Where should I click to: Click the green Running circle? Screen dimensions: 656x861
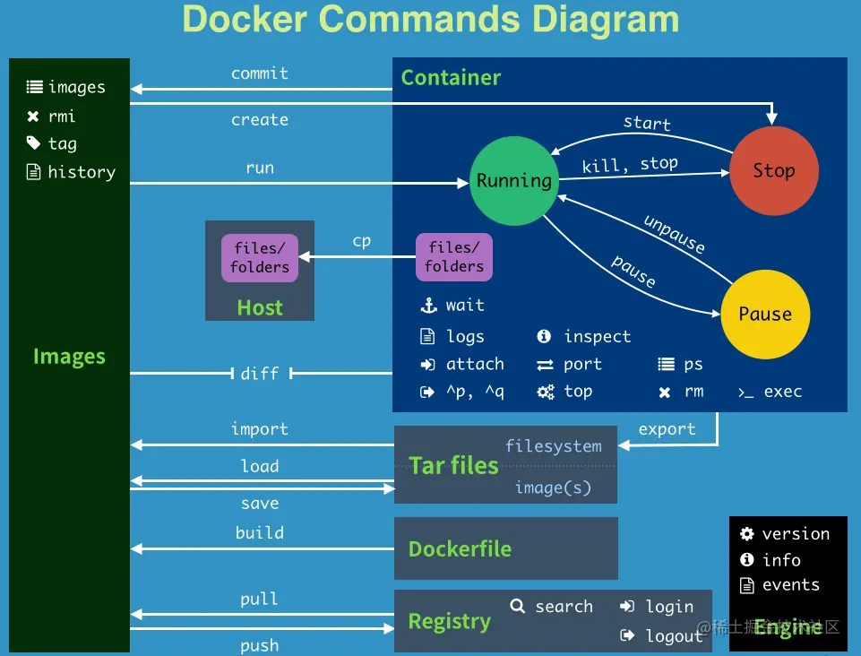pyautogui.click(x=514, y=181)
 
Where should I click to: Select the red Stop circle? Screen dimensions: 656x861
pyautogui.click(x=773, y=170)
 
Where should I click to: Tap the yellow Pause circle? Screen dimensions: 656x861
pyautogui.click(x=765, y=314)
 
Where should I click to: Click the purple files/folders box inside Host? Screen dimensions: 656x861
pyautogui.click(x=260, y=257)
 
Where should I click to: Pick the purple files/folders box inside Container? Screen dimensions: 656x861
pyautogui.click(x=454, y=257)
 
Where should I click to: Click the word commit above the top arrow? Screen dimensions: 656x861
pyautogui.click(x=260, y=73)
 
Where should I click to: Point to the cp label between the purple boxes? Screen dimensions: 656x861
pyautogui.click(x=362, y=241)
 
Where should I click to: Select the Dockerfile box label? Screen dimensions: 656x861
pyautogui.click(x=460, y=548)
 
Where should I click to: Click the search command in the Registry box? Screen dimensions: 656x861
pyautogui.click(x=564, y=607)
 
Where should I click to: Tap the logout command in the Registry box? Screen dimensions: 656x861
pyautogui.click(x=674, y=636)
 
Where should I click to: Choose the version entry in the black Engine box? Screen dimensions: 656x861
pyautogui.click(x=796, y=534)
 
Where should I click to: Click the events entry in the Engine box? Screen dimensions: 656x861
pyautogui.click(x=790, y=585)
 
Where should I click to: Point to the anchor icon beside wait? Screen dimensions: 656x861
pyautogui.click(x=428, y=306)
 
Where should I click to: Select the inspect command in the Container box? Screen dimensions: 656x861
pyautogui.click(x=597, y=337)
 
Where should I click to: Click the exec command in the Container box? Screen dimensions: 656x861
pyautogui.click(x=782, y=392)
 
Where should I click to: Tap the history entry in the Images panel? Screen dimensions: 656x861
pyautogui.click(x=82, y=172)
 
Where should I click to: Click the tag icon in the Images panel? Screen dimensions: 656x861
pyautogui.click(x=34, y=143)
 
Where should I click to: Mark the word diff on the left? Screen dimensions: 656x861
pyautogui.click(x=260, y=374)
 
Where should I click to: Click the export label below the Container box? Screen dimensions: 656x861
pyautogui.click(x=667, y=429)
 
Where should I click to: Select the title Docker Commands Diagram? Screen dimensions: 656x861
pyautogui.click(x=431, y=19)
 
